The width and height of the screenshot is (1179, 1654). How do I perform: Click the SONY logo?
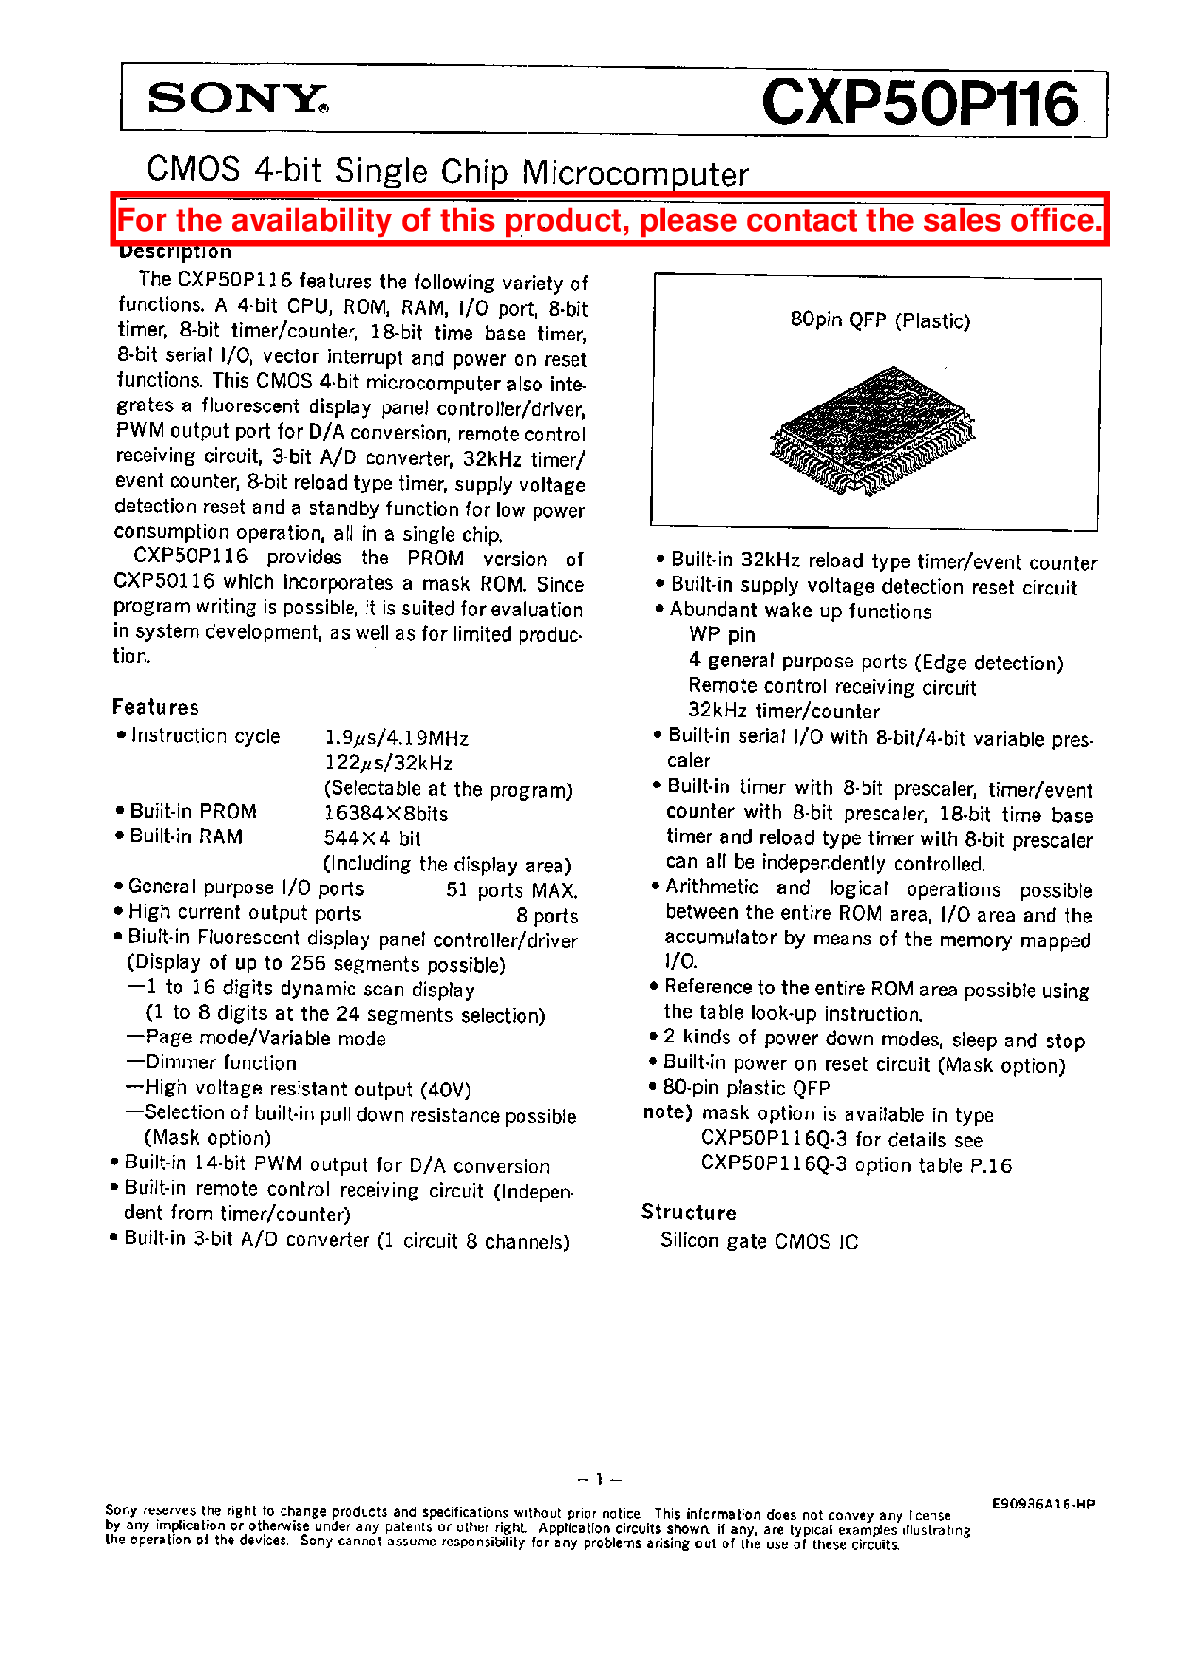click(x=237, y=98)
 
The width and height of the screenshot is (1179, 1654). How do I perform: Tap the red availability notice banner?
click(x=609, y=220)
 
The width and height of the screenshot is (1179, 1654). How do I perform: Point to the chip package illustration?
click(x=872, y=430)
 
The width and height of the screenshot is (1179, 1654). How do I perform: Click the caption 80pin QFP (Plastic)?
click(x=880, y=320)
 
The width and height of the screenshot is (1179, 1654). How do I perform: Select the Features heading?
click(x=156, y=707)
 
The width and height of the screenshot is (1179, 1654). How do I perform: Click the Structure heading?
click(x=689, y=1213)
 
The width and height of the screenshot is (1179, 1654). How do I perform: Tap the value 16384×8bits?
click(x=385, y=814)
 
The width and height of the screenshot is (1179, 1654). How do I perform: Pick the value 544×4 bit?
click(x=372, y=838)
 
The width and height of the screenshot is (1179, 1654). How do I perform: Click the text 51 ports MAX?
click(x=511, y=890)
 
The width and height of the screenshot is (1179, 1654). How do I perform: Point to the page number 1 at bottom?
click(x=599, y=1479)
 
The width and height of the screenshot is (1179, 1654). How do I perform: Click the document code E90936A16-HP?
click(x=1043, y=1504)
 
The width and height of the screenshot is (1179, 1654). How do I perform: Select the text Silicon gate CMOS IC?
click(x=759, y=1241)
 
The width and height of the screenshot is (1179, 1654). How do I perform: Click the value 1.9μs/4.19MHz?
click(x=396, y=738)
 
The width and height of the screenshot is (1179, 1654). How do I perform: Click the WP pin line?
click(x=722, y=635)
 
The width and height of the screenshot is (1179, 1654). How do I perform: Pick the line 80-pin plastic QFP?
click(x=746, y=1088)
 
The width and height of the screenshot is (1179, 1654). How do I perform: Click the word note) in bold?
click(x=668, y=1112)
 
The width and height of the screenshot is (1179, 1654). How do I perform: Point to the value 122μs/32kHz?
click(x=388, y=764)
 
